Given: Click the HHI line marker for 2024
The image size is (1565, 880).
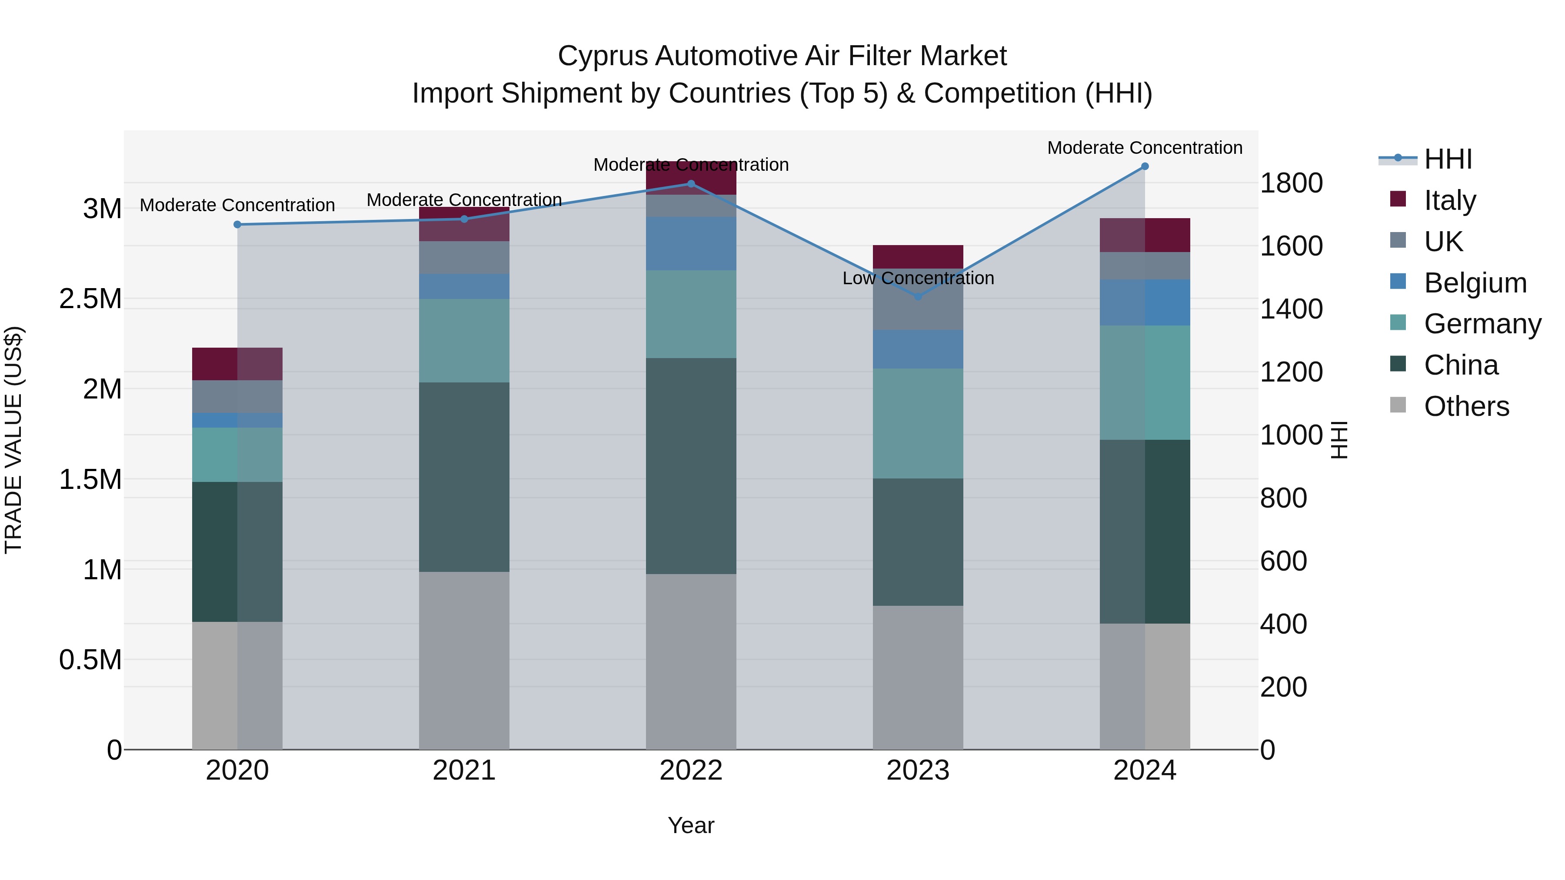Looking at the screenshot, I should point(1145,166).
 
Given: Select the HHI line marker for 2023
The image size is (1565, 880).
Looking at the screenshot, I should point(918,297).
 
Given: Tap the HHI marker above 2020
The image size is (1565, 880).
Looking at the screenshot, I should point(237,225).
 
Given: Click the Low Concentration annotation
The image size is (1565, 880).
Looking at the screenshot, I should point(918,278).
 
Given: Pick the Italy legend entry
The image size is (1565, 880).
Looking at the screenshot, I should point(1449,200).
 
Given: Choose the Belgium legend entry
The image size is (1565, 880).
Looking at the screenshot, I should point(1475,283).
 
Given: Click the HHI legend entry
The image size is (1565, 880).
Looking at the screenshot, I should point(1447,159).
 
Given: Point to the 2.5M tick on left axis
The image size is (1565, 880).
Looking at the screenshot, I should point(90,299).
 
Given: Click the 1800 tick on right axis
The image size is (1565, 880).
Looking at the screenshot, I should point(1291,183).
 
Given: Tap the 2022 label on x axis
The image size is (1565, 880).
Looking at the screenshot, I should point(691,770).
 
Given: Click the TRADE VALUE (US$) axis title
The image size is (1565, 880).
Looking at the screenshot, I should point(14,440).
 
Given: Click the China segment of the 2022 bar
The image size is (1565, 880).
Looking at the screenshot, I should point(691,466).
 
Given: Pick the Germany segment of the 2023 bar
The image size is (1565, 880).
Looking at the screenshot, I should point(918,423).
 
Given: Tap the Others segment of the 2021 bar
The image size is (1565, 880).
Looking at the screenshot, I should point(464,660).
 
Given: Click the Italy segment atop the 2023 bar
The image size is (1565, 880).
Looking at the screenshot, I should point(918,256).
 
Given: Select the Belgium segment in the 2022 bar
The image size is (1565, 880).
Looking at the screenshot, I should point(691,243).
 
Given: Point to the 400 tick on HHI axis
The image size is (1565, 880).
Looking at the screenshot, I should point(1283,624).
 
